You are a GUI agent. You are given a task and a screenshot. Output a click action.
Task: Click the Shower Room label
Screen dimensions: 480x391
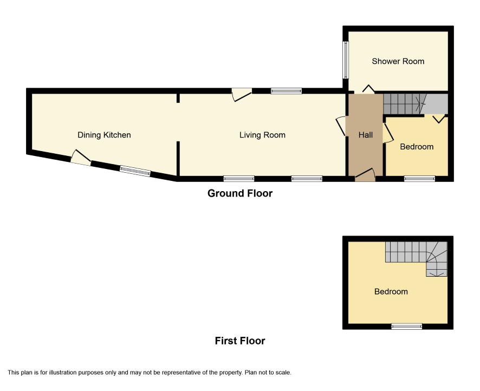tap(398, 61)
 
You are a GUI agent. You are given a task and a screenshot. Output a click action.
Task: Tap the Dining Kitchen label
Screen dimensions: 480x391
tap(104, 135)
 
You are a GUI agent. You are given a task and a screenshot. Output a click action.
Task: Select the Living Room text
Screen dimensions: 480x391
tap(262, 135)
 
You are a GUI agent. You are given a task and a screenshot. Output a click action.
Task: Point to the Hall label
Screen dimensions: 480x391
tap(366, 135)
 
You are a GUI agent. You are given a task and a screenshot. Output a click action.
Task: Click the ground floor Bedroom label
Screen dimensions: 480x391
tap(417, 147)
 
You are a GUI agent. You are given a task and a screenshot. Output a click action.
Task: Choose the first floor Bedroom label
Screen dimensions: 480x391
tap(391, 291)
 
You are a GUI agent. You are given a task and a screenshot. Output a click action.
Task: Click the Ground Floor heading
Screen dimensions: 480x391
tap(240, 193)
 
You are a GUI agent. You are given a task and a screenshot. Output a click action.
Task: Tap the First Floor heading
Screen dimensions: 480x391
tap(240, 341)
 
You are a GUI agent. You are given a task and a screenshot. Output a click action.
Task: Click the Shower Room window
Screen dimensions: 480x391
tap(346, 60)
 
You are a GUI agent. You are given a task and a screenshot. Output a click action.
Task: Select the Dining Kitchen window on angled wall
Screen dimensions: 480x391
tap(135, 171)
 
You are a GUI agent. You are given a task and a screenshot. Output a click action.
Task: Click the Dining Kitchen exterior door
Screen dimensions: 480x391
tap(81, 158)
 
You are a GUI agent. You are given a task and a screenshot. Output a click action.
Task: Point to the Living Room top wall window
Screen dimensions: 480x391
tap(286, 91)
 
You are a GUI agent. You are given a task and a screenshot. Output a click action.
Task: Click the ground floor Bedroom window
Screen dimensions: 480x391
tap(419, 179)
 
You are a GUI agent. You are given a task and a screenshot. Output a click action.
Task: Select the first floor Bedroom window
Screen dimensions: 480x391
tap(407, 327)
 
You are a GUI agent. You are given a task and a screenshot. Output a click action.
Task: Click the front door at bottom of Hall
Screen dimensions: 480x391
tap(365, 175)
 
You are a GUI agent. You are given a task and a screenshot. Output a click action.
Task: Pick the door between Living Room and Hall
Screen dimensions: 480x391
tap(341, 126)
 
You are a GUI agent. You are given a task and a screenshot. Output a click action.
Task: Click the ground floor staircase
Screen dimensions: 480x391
tap(416, 103)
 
